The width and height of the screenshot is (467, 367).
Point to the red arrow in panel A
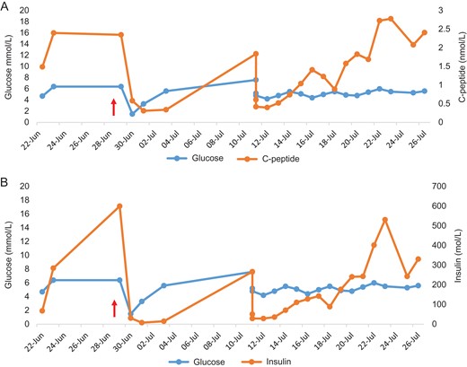(x=113, y=107)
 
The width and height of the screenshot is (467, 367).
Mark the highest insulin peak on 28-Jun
(x=119, y=205)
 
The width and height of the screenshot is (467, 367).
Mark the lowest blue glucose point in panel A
(x=132, y=113)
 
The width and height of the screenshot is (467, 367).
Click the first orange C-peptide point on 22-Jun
(x=42, y=66)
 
